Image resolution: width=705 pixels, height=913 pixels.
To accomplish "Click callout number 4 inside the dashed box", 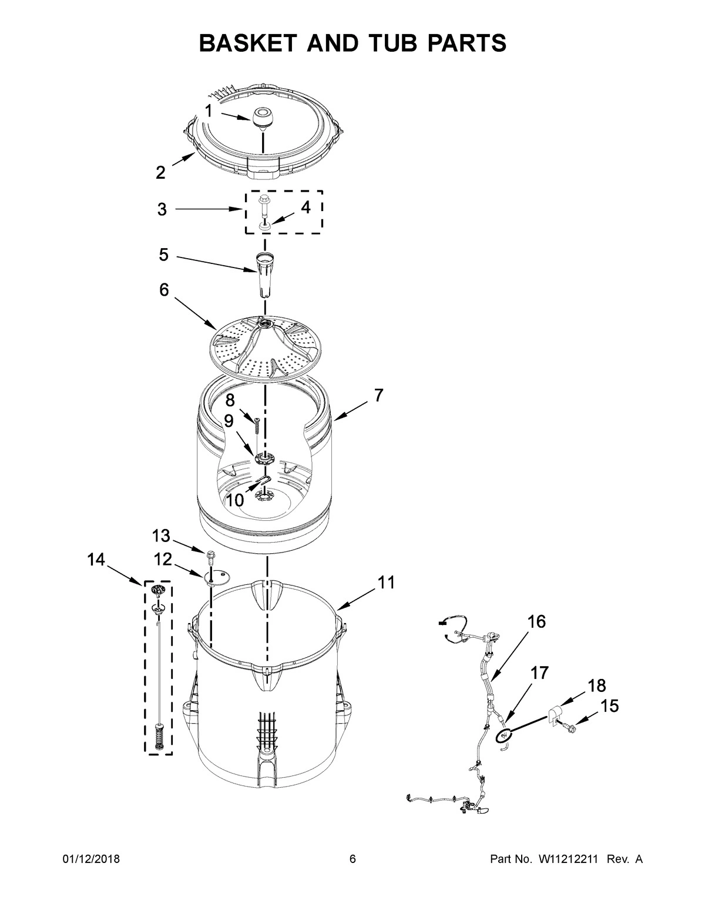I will pyautogui.click(x=305, y=208).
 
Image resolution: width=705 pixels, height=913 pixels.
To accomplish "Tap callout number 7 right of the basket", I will pyautogui.click(x=378, y=395).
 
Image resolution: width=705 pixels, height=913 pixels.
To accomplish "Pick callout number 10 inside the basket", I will pyautogui.click(x=235, y=500).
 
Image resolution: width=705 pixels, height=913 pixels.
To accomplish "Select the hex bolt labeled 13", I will pyautogui.click(x=210, y=554).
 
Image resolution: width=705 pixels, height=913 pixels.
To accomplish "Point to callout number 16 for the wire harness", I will pyautogui.click(x=536, y=621).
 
